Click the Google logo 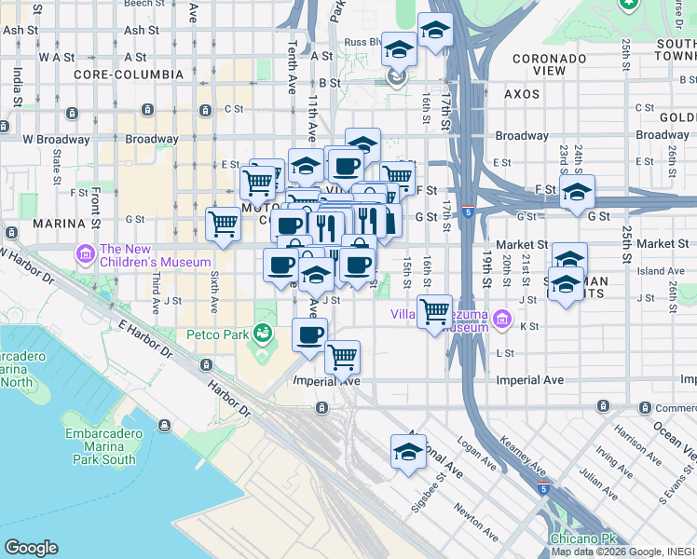(x=32, y=548)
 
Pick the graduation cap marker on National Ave (x=407, y=452)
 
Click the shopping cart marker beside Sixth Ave (x=223, y=223)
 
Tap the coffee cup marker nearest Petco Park (x=309, y=334)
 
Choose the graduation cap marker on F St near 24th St (x=577, y=191)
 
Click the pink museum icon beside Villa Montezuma (x=502, y=320)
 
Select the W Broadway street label (x=57, y=140)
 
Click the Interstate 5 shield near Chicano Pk (x=543, y=488)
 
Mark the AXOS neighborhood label (x=523, y=94)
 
